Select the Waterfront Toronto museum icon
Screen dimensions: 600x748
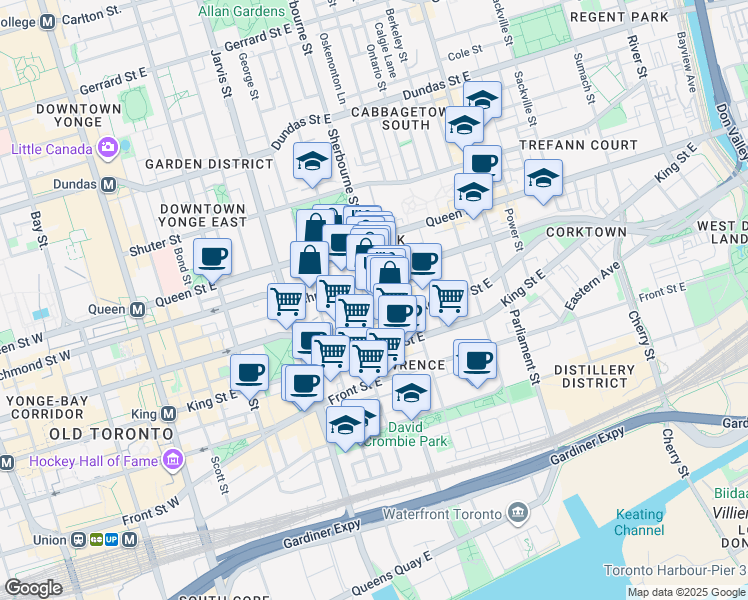(x=518, y=513)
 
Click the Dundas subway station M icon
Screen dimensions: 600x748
(x=107, y=185)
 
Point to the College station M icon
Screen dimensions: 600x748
(x=46, y=23)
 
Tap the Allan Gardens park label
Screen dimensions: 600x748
(x=242, y=12)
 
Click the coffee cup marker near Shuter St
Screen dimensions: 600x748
(x=212, y=256)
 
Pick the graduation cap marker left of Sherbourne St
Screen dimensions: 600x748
(x=312, y=160)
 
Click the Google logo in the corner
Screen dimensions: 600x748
(x=34, y=588)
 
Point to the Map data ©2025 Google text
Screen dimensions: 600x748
(x=686, y=592)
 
